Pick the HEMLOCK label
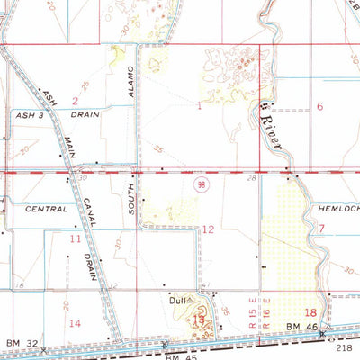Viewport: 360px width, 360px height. [338, 208]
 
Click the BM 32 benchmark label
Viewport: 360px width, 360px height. [18, 343]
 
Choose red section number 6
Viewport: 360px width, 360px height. [319, 106]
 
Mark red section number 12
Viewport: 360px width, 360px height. [208, 229]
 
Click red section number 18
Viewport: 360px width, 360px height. [310, 311]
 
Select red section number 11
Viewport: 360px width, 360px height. [76, 238]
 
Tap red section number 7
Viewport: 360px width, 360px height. [321, 229]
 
